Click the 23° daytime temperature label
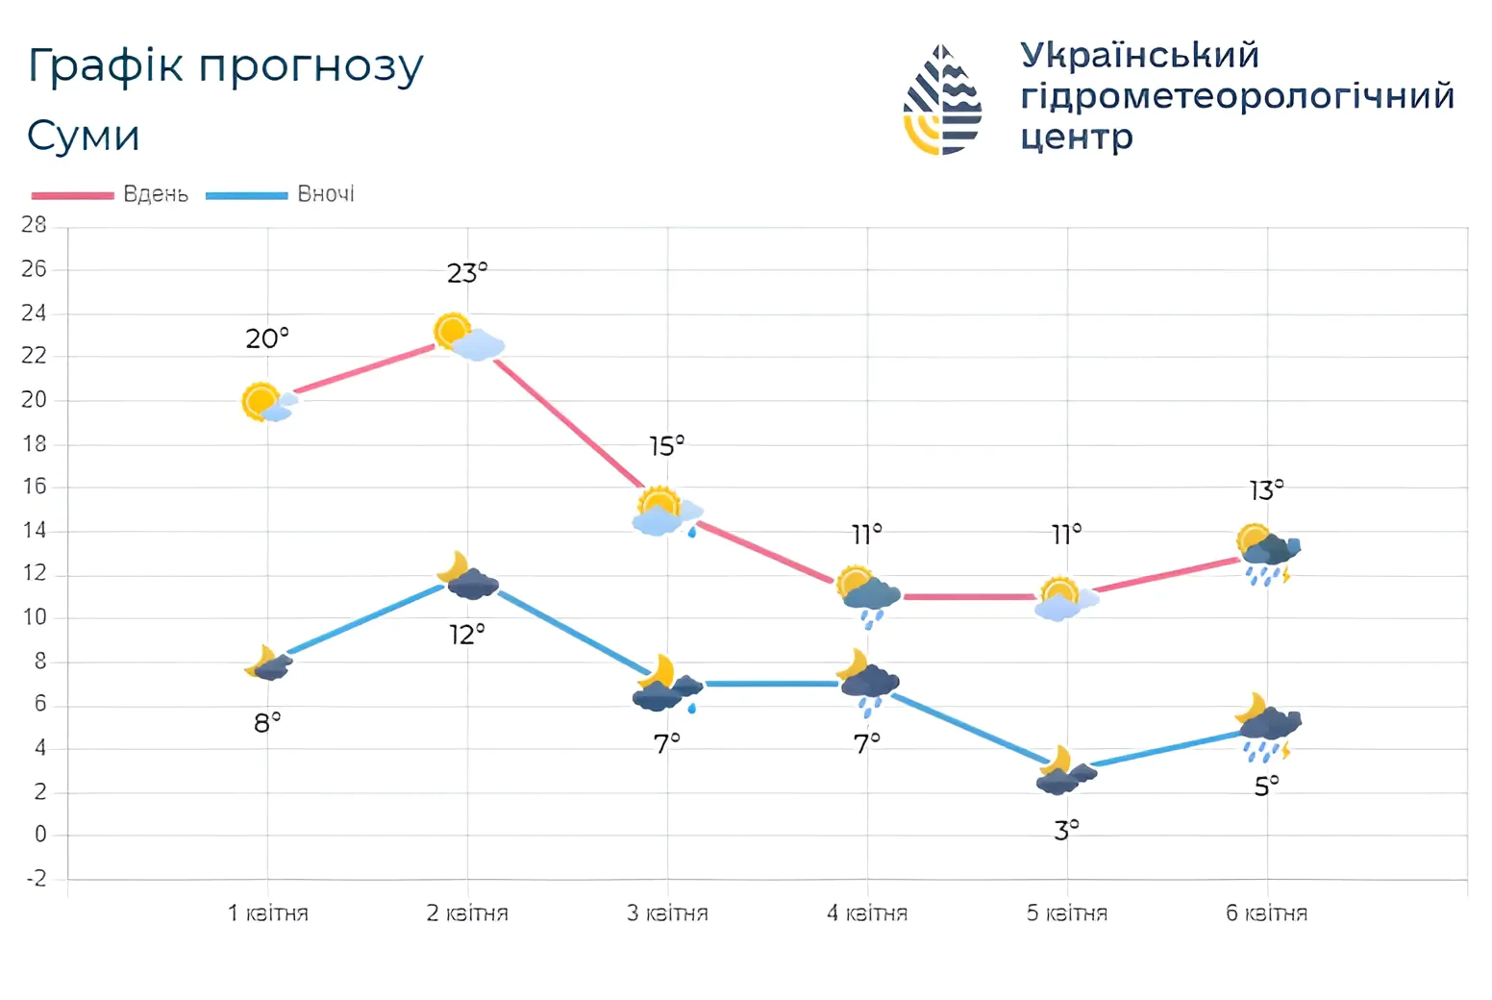(x=467, y=274)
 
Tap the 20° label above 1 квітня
(x=266, y=339)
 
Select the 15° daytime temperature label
(x=666, y=447)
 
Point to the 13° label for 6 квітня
(x=1266, y=491)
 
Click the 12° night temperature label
(x=467, y=636)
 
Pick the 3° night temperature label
(x=1066, y=830)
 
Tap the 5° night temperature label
(x=1266, y=787)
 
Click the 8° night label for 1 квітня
(x=267, y=723)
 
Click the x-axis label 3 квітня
(x=667, y=913)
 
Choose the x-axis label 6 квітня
(x=1266, y=913)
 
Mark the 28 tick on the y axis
(x=34, y=225)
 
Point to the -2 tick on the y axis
(x=36, y=879)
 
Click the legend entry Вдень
(x=155, y=194)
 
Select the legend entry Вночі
(x=325, y=194)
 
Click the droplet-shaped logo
(x=942, y=100)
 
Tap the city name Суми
(x=84, y=136)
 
